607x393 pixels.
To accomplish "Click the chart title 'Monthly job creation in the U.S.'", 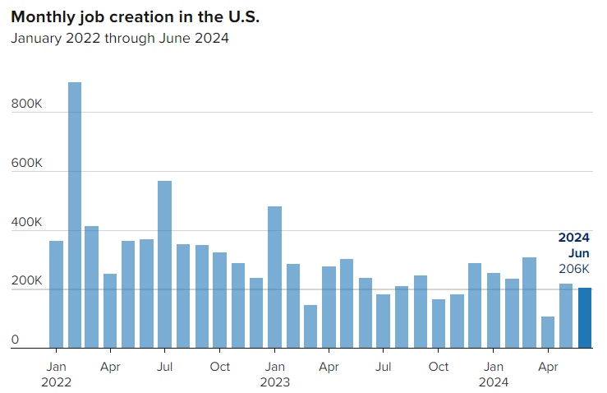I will click(x=135, y=16).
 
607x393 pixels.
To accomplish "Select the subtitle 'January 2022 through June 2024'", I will click(x=119, y=39).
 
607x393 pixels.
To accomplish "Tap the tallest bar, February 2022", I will click(x=74, y=215).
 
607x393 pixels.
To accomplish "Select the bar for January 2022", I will click(x=56, y=294).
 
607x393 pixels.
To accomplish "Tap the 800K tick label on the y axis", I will click(x=26, y=104).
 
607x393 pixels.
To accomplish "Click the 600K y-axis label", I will click(x=26, y=164).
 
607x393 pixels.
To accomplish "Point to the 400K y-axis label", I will click(x=26, y=223).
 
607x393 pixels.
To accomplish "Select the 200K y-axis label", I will click(x=26, y=281).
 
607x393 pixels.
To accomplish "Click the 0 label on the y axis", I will click(x=16, y=340).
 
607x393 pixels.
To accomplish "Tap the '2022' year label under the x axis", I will click(x=56, y=381).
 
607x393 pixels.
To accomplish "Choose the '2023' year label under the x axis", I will click(x=274, y=381).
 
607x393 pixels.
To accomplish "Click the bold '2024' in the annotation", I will click(x=573, y=238).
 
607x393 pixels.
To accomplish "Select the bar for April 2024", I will click(x=548, y=332).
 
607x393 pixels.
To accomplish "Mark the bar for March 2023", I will click(x=310, y=326).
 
